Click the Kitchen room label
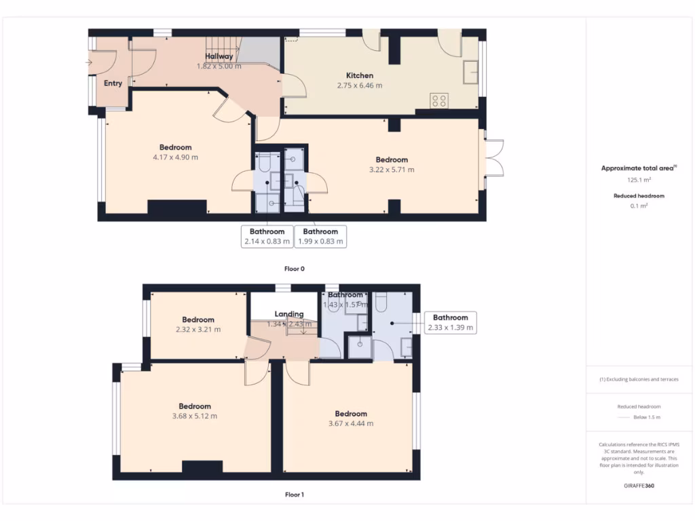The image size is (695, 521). click(x=360, y=75)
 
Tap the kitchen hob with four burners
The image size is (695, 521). click(x=439, y=101)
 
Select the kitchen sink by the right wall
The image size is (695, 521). click(x=470, y=71)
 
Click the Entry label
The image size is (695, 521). click(x=113, y=83)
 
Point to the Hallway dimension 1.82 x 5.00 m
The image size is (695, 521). click(x=219, y=66)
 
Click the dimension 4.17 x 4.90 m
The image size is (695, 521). click(x=175, y=157)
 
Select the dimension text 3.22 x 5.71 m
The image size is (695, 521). click(x=392, y=170)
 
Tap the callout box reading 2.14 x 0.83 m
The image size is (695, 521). click(x=267, y=237)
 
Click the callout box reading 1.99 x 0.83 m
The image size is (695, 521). click(x=320, y=237)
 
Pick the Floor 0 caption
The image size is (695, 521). click(x=294, y=269)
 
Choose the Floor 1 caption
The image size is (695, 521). click(x=294, y=495)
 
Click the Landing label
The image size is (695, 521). click(x=289, y=314)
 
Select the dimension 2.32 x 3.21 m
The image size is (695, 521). click(x=198, y=330)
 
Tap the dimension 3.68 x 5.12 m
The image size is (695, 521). click(x=194, y=417)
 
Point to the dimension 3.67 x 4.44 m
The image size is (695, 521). click(x=350, y=423)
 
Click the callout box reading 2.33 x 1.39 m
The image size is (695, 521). click(x=450, y=322)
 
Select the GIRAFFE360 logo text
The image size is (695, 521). click(x=638, y=486)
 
